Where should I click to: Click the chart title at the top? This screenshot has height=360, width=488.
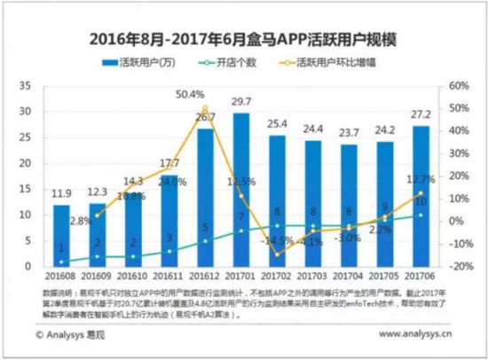[x=244, y=39]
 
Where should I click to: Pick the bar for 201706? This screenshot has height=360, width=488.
[x=422, y=196]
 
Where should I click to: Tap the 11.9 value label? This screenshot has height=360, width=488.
[x=60, y=194]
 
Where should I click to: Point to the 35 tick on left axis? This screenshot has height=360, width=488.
[x=26, y=86]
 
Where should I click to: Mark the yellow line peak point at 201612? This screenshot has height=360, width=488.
[x=205, y=108]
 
